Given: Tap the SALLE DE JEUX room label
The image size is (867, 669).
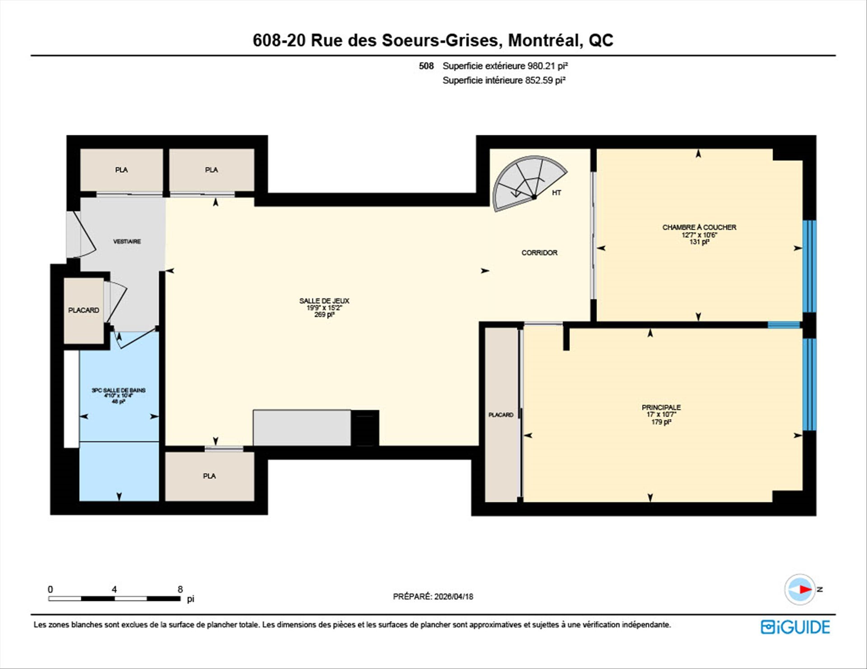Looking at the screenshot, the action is coord(324,301).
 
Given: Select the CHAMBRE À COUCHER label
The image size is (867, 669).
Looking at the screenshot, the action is coord(699,227).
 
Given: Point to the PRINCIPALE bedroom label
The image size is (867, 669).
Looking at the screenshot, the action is coord(661,407).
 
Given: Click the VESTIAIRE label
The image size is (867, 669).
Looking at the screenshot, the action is coord(127,242).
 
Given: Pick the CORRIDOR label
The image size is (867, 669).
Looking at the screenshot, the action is coord(539,253).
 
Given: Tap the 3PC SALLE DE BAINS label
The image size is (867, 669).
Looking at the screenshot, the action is coord(118,390).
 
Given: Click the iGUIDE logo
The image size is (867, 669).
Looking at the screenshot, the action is coord(795,627).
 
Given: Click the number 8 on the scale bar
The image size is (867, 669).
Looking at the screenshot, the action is coord(180,589).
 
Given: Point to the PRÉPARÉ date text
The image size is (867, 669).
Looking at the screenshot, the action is coord(433,596).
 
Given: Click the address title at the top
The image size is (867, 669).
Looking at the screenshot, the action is coord(433,41).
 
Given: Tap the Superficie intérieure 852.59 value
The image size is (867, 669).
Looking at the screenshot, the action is coord(504,80).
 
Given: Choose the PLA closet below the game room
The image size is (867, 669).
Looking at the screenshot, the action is coord(210,476).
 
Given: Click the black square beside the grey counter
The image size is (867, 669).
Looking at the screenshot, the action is coord(365,428).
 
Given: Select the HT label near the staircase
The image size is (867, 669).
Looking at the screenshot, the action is coord(556,193).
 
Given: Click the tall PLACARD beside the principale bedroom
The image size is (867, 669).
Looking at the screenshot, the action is coord(501,415).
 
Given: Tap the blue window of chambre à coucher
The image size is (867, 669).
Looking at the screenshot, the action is coord(810,266).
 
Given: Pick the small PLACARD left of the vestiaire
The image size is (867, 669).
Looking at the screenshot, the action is coord(84,310).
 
